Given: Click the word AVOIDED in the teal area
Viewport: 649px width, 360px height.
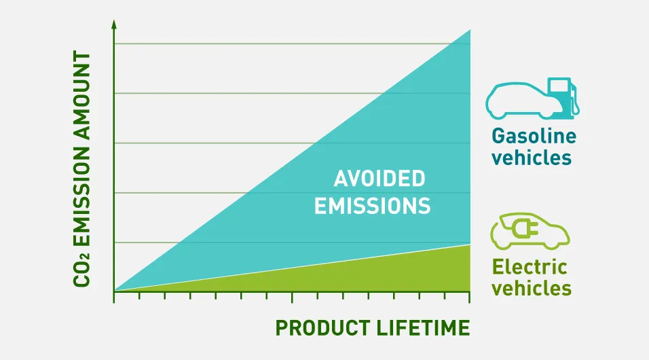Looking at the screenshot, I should point(379,179).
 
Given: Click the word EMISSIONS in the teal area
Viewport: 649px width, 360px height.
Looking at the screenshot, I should point(372,206).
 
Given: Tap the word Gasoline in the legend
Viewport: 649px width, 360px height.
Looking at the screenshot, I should point(534,136).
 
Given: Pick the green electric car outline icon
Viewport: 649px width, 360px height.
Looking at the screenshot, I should point(530,231).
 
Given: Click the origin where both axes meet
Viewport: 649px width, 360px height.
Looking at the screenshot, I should point(114,291).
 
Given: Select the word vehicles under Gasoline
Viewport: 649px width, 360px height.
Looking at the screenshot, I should point(531,158).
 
